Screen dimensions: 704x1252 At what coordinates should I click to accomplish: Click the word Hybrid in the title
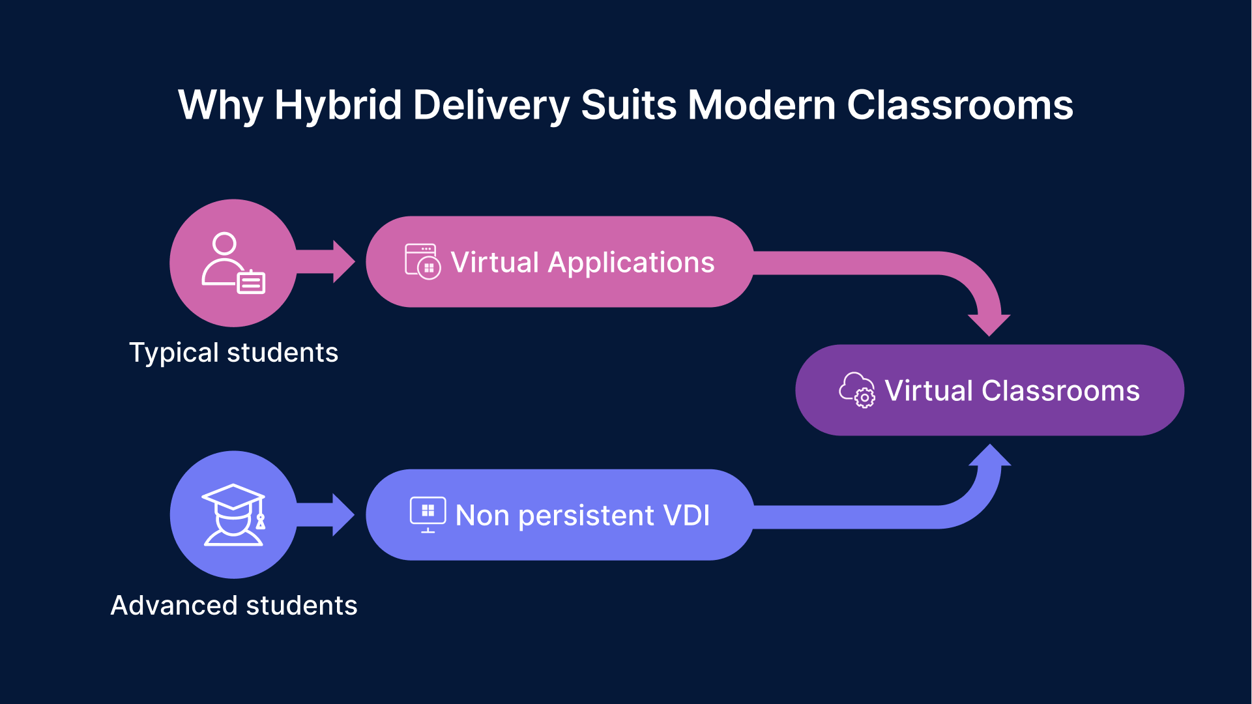pos(338,106)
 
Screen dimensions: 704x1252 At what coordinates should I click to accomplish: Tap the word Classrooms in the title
pos(959,106)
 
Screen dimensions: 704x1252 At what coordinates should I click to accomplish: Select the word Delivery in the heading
pos(491,106)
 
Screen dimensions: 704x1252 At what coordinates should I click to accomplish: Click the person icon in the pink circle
pos(233,263)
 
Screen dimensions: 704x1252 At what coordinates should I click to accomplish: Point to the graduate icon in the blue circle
pos(233,515)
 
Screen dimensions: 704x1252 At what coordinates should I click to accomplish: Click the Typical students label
pos(233,353)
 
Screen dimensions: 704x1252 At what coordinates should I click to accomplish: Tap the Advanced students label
pos(233,606)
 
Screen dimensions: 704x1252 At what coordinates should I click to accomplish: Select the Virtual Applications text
pos(582,263)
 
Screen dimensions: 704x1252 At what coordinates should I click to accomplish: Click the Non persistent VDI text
pos(582,516)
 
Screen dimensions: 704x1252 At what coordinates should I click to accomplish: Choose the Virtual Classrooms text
pos(1012,391)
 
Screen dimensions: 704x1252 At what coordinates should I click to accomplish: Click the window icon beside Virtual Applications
pos(422,262)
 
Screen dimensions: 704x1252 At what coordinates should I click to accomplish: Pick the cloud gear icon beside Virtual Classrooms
pos(857,390)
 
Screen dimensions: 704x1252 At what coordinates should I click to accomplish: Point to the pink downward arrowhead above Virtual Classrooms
pos(989,323)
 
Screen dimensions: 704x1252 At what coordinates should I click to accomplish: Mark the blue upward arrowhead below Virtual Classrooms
pos(989,456)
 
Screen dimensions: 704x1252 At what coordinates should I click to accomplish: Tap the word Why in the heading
pos(220,106)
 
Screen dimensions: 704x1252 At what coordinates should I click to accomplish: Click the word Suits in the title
pos(628,106)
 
